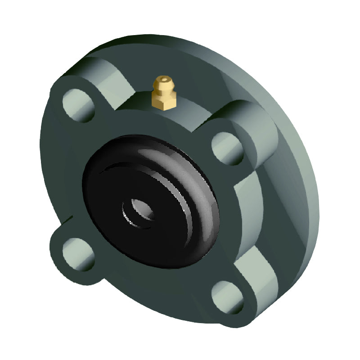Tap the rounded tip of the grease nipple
pyautogui.click(x=162, y=81)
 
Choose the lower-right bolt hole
pyautogui.click(x=228, y=297)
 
